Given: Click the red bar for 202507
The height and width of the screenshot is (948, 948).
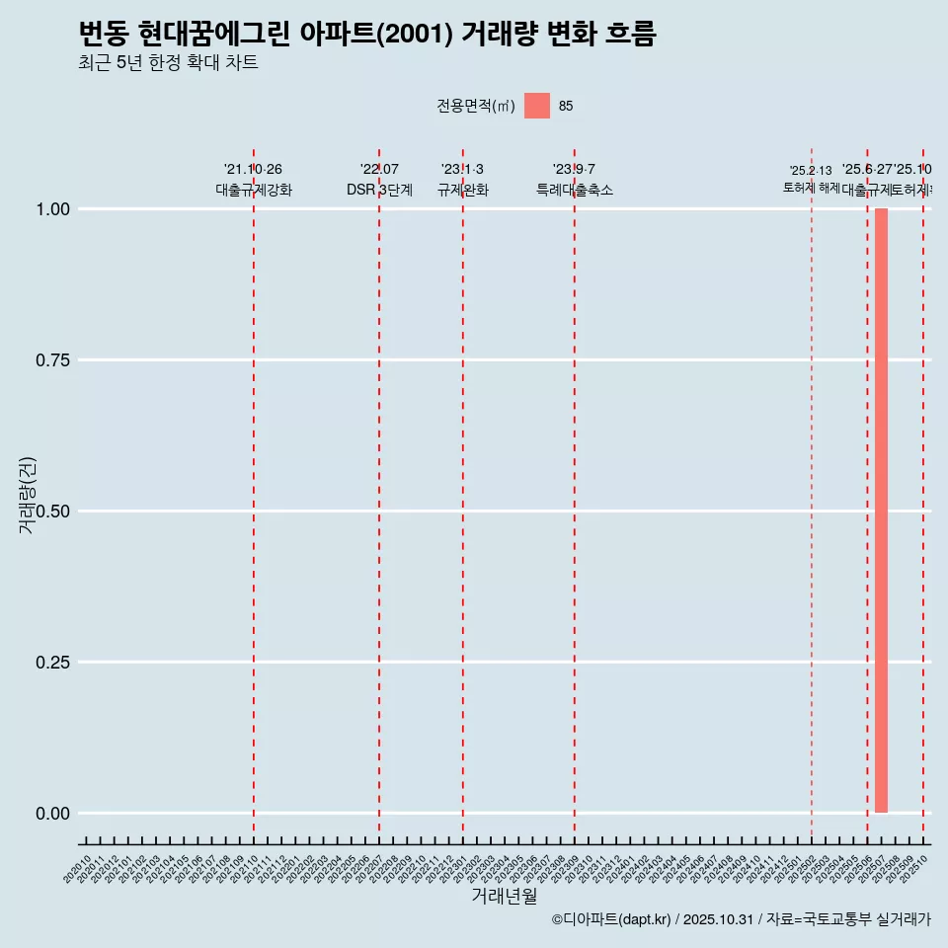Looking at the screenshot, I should (x=881, y=511).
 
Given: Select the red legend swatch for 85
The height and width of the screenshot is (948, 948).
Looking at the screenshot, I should (x=537, y=106).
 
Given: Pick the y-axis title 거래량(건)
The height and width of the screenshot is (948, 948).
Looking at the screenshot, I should (x=27, y=495).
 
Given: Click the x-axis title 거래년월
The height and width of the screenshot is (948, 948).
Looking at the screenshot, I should (x=504, y=897).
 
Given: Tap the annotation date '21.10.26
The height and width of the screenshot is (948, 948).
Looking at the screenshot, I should (x=253, y=170).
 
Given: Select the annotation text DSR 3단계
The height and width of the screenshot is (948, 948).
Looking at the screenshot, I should (x=379, y=190).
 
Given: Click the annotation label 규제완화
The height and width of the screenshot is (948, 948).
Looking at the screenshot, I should (x=462, y=190).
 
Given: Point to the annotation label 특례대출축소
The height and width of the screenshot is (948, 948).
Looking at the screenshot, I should (x=574, y=190).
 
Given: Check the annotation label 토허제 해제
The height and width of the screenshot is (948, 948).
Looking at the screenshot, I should (x=811, y=187).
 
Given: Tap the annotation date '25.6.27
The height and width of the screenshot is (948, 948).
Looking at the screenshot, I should (x=866, y=170).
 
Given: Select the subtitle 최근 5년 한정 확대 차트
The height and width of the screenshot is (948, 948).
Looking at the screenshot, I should (x=168, y=63).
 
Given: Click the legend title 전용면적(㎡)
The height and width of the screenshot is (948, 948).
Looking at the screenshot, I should (x=476, y=106).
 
